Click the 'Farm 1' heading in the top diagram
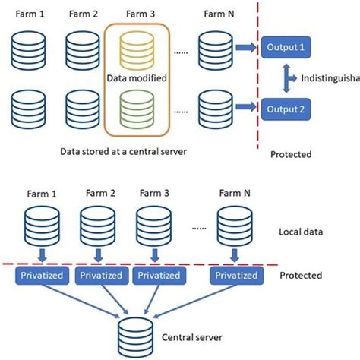coord(30,13)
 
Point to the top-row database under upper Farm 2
coord(82,49)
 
